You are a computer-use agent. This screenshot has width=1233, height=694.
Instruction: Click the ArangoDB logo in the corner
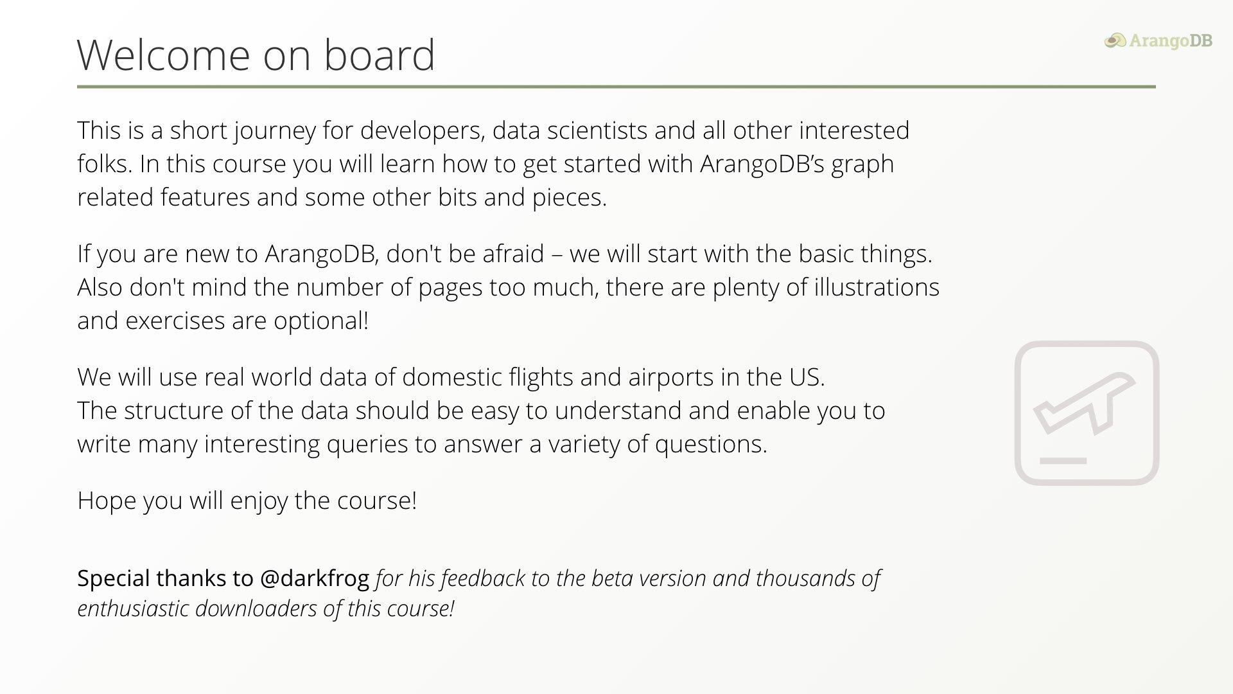1159,40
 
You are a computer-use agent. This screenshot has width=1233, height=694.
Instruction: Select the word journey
275,131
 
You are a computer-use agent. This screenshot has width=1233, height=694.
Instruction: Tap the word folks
105,163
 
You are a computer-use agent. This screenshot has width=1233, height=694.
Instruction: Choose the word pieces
569,198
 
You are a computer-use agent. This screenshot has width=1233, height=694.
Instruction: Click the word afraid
513,253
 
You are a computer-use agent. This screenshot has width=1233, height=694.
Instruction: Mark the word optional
321,321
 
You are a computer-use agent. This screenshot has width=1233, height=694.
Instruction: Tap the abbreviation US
807,377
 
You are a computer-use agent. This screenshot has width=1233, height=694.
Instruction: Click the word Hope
107,501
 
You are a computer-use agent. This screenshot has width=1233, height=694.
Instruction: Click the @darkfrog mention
315,578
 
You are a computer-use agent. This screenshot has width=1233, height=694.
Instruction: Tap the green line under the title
616,86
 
